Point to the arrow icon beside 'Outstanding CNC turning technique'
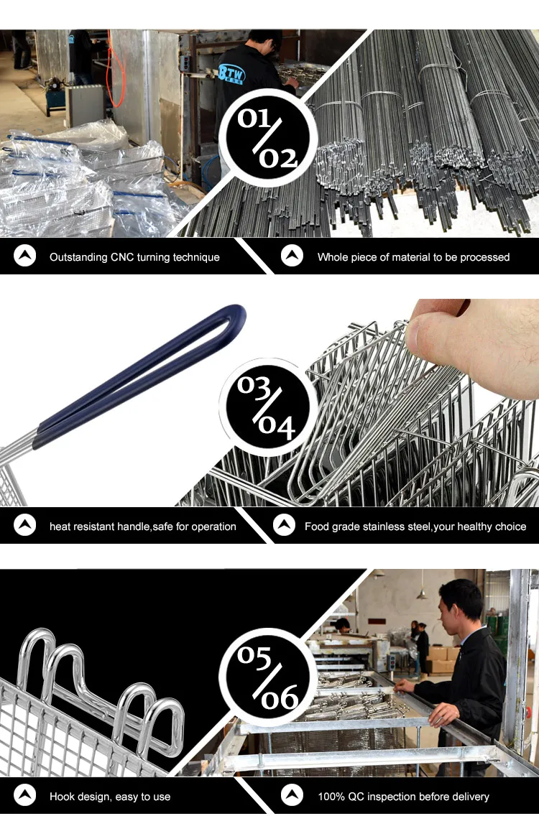25,256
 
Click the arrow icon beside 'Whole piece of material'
292,256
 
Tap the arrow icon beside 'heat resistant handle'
25,526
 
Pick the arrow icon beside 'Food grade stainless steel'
285,526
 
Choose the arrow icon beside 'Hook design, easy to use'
25,795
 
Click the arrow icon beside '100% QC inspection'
292,795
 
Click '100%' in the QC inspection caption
332,797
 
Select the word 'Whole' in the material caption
333,257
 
